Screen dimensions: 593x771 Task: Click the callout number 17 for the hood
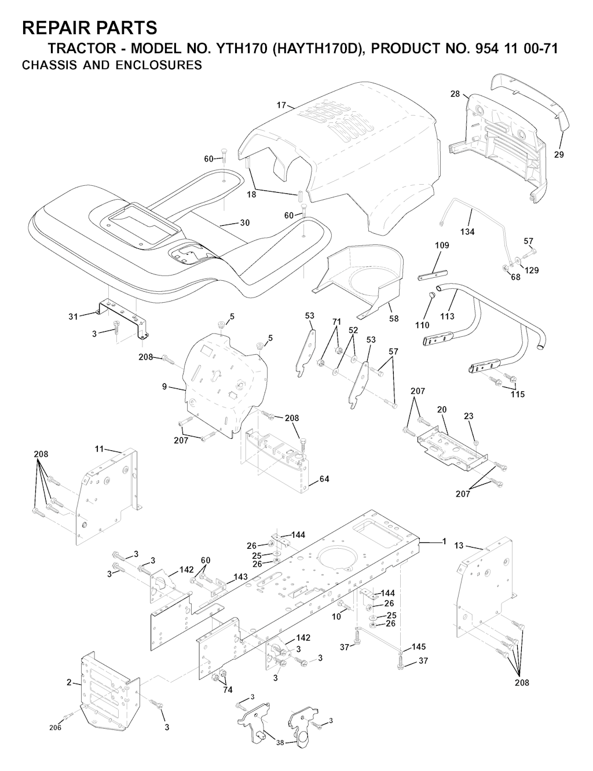tap(281, 105)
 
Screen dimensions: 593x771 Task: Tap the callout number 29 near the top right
tap(559, 155)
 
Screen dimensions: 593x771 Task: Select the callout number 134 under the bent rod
tap(467, 232)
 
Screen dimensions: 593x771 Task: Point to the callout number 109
tap(442, 245)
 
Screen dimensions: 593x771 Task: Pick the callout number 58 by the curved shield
tap(394, 318)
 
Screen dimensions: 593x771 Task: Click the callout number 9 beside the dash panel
tap(164, 387)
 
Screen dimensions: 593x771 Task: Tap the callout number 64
tap(324, 479)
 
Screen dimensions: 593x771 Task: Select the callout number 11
tap(99, 449)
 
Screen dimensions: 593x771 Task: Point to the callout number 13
tap(459, 545)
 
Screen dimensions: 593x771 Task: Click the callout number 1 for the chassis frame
tap(444, 541)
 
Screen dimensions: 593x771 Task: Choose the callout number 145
tap(418, 647)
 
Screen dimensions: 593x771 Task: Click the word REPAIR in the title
tap(53, 28)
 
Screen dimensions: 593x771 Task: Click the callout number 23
tap(468, 416)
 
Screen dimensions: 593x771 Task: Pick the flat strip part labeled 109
tap(433, 276)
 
